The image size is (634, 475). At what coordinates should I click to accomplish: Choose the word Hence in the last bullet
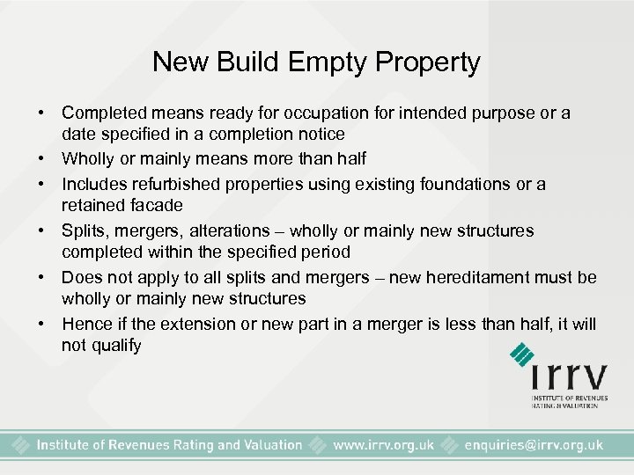tap(83, 325)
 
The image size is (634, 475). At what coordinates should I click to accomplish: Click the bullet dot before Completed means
tap(41, 114)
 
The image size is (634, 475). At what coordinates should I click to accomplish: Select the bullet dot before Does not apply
tap(41, 278)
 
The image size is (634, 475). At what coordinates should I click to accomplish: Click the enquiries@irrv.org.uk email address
tap(534, 445)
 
